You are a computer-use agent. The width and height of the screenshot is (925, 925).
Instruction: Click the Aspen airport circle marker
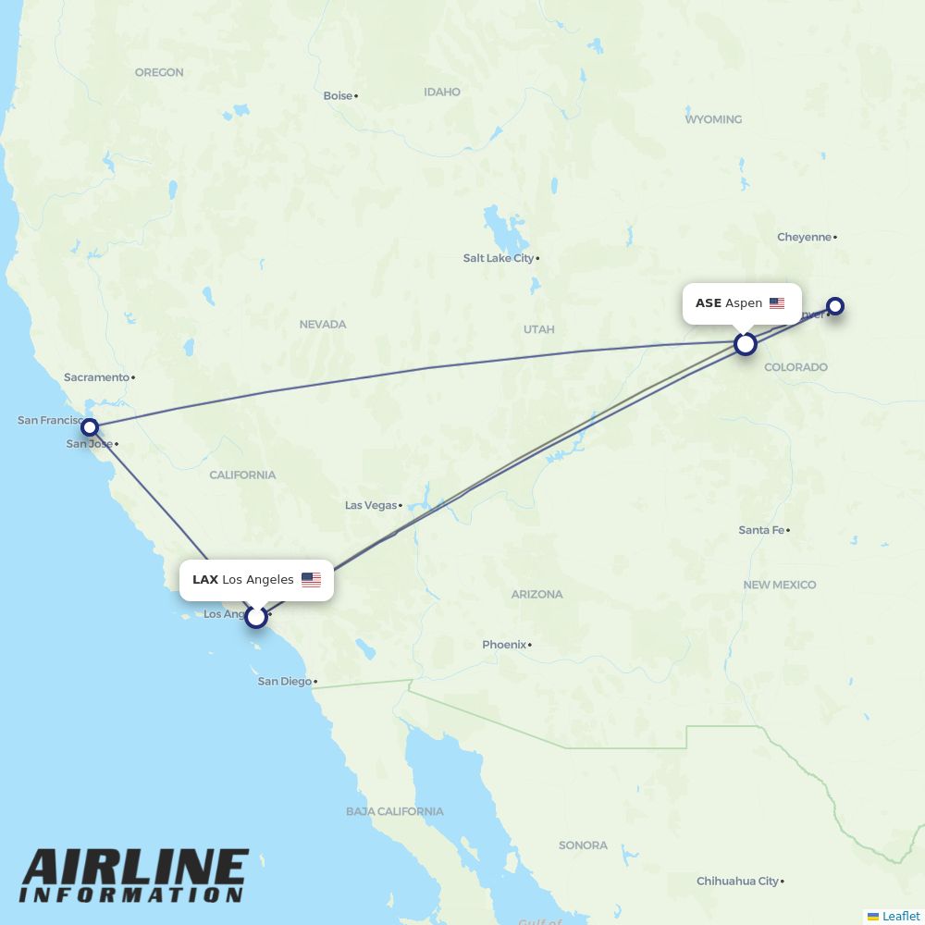(746, 344)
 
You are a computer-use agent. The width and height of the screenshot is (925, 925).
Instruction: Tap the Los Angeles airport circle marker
(256, 616)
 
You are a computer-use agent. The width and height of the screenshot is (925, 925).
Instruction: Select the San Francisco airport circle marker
(90, 426)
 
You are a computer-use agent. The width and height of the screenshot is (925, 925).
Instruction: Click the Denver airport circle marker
(835, 306)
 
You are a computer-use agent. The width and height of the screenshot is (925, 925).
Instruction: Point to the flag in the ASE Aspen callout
(777, 303)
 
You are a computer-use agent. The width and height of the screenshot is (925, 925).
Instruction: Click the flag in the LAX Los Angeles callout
(311, 580)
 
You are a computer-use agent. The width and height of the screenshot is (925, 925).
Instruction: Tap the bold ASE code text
(708, 303)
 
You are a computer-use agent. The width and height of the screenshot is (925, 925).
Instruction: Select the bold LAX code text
(205, 580)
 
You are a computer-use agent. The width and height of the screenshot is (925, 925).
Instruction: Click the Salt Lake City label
(499, 258)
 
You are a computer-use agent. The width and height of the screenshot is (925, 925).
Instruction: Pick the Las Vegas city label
(370, 505)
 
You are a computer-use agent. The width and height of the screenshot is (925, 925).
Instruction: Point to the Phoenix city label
(504, 645)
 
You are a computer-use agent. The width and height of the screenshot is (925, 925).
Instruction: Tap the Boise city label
(338, 95)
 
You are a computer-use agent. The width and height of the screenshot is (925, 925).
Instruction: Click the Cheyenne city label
(804, 237)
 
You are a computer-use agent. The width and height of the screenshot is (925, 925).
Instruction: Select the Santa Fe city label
(761, 530)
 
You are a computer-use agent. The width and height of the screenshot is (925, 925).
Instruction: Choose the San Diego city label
(284, 682)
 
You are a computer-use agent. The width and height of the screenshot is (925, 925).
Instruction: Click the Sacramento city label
(96, 377)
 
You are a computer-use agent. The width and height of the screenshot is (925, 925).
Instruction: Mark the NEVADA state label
(322, 325)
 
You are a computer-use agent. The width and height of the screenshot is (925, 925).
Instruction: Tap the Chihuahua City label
(737, 882)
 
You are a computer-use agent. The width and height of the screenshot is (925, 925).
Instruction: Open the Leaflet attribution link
(900, 916)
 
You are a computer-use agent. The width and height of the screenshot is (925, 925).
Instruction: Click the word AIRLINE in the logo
(135, 869)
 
